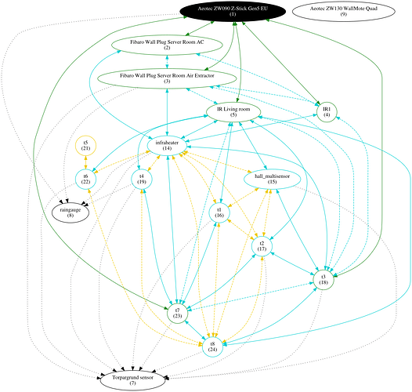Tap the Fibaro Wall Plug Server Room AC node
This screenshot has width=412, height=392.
(167, 45)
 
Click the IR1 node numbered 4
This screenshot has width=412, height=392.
(327, 111)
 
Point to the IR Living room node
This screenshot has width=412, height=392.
(233, 111)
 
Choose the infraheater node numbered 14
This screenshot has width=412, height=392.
(167, 145)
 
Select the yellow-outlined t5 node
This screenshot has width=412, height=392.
(85, 145)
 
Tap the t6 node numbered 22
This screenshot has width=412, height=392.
(85, 179)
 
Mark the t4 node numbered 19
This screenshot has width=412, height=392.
(142, 179)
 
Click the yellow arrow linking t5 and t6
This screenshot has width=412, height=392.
(85, 162)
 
